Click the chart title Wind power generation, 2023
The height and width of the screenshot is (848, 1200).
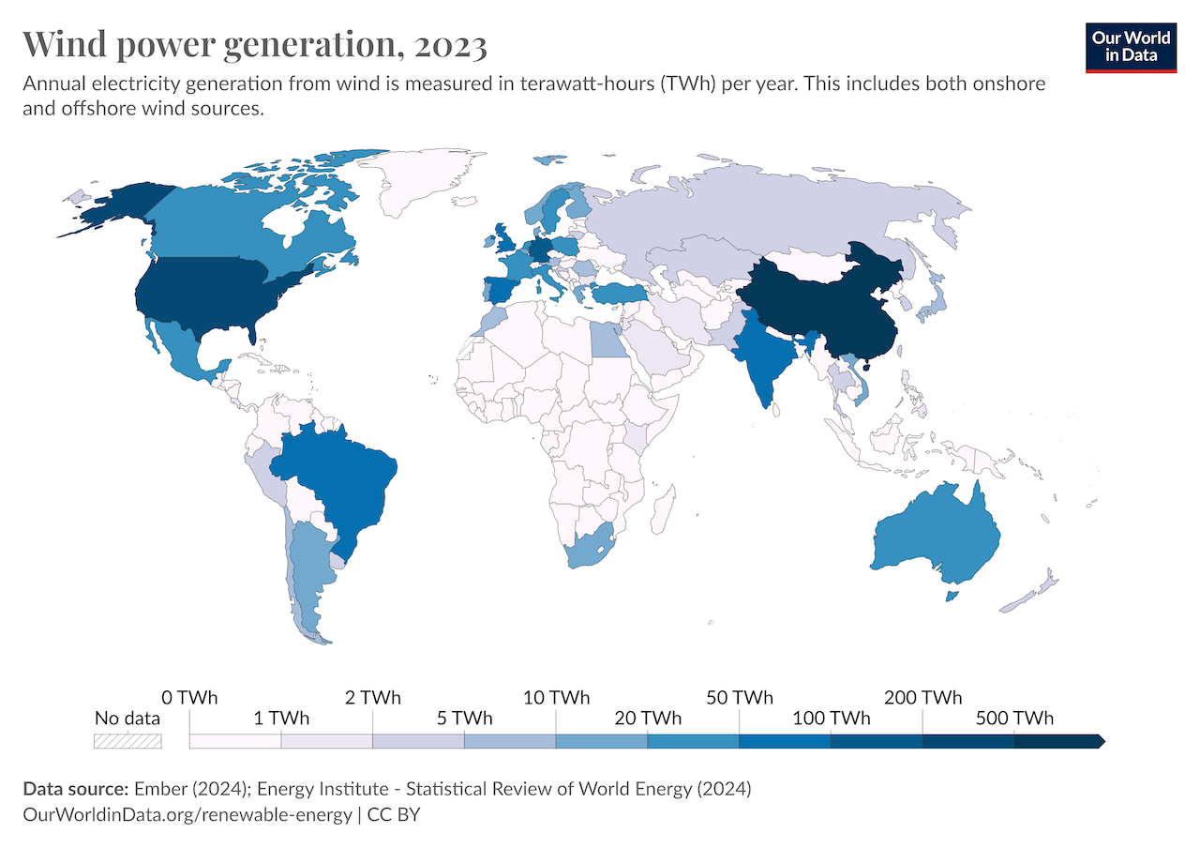pyautogui.click(x=254, y=44)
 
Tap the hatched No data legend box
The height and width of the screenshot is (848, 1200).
pyautogui.click(x=127, y=741)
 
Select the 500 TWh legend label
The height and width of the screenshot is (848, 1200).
pyautogui.click(x=1014, y=719)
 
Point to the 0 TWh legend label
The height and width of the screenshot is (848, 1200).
pyautogui.click(x=189, y=698)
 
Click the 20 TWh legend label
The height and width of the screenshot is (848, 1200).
pyautogui.click(x=648, y=719)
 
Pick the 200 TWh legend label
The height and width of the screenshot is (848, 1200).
pyautogui.click(x=922, y=698)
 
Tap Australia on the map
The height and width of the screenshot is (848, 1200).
pyautogui.click(x=937, y=535)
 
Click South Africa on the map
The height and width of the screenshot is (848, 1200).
pyautogui.click(x=586, y=549)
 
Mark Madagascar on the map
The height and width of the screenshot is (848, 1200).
pyautogui.click(x=662, y=513)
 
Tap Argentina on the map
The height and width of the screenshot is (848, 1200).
pyautogui.click(x=309, y=572)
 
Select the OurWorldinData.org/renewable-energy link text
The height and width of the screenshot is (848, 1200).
pyautogui.click(x=187, y=814)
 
